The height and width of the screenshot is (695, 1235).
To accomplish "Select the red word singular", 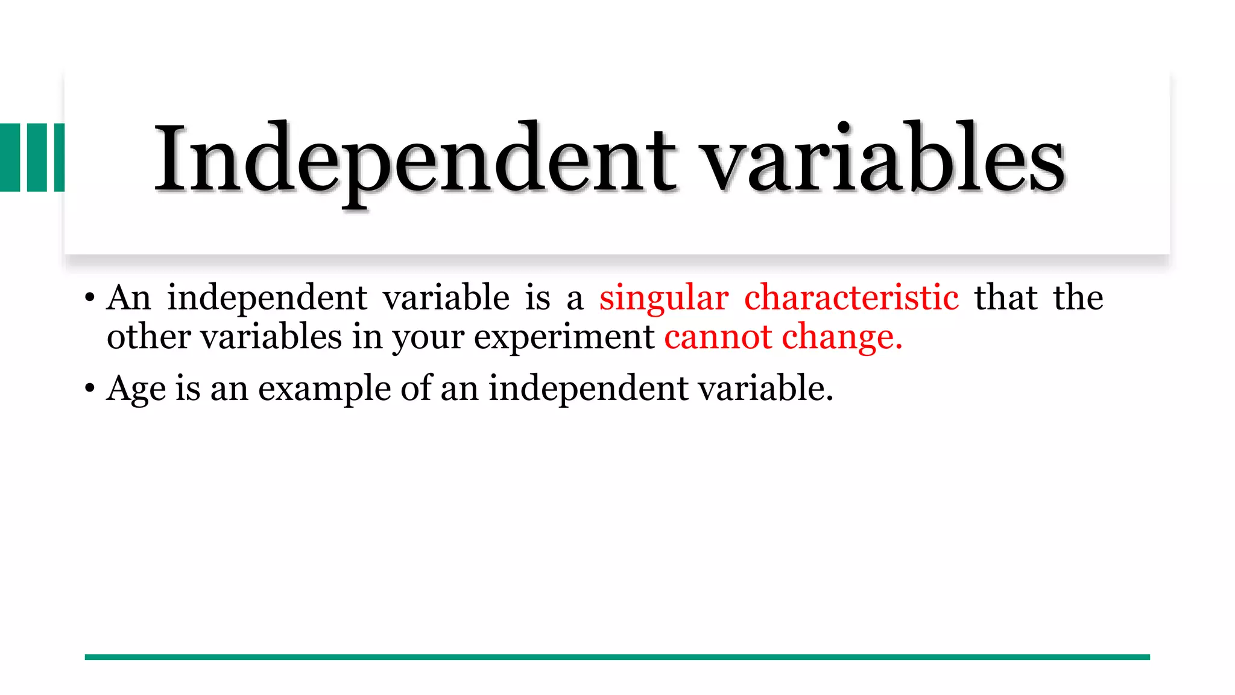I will click(663, 297).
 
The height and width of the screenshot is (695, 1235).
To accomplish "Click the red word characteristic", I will click(851, 297).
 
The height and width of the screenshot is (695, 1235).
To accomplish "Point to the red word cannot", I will click(718, 337).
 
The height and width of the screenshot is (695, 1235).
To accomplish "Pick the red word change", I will click(842, 338).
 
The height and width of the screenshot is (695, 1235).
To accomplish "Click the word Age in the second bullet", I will click(136, 389).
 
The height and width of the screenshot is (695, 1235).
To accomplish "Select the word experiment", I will click(564, 338).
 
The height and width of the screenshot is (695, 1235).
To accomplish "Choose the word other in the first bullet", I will click(148, 337).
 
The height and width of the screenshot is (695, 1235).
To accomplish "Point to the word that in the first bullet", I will click(1006, 297).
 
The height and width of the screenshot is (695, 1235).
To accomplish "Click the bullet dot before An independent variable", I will click(90, 298).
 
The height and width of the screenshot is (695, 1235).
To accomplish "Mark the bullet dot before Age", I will click(90, 389).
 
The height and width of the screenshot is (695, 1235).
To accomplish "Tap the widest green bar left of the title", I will click(10, 157).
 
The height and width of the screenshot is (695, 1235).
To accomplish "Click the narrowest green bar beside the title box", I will click(59, 157).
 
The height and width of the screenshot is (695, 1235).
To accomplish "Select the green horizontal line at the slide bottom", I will click(617, 657).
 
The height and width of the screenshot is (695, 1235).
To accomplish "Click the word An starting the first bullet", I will click(128, 297).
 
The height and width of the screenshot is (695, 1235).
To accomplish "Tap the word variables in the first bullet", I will click(271, 337).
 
